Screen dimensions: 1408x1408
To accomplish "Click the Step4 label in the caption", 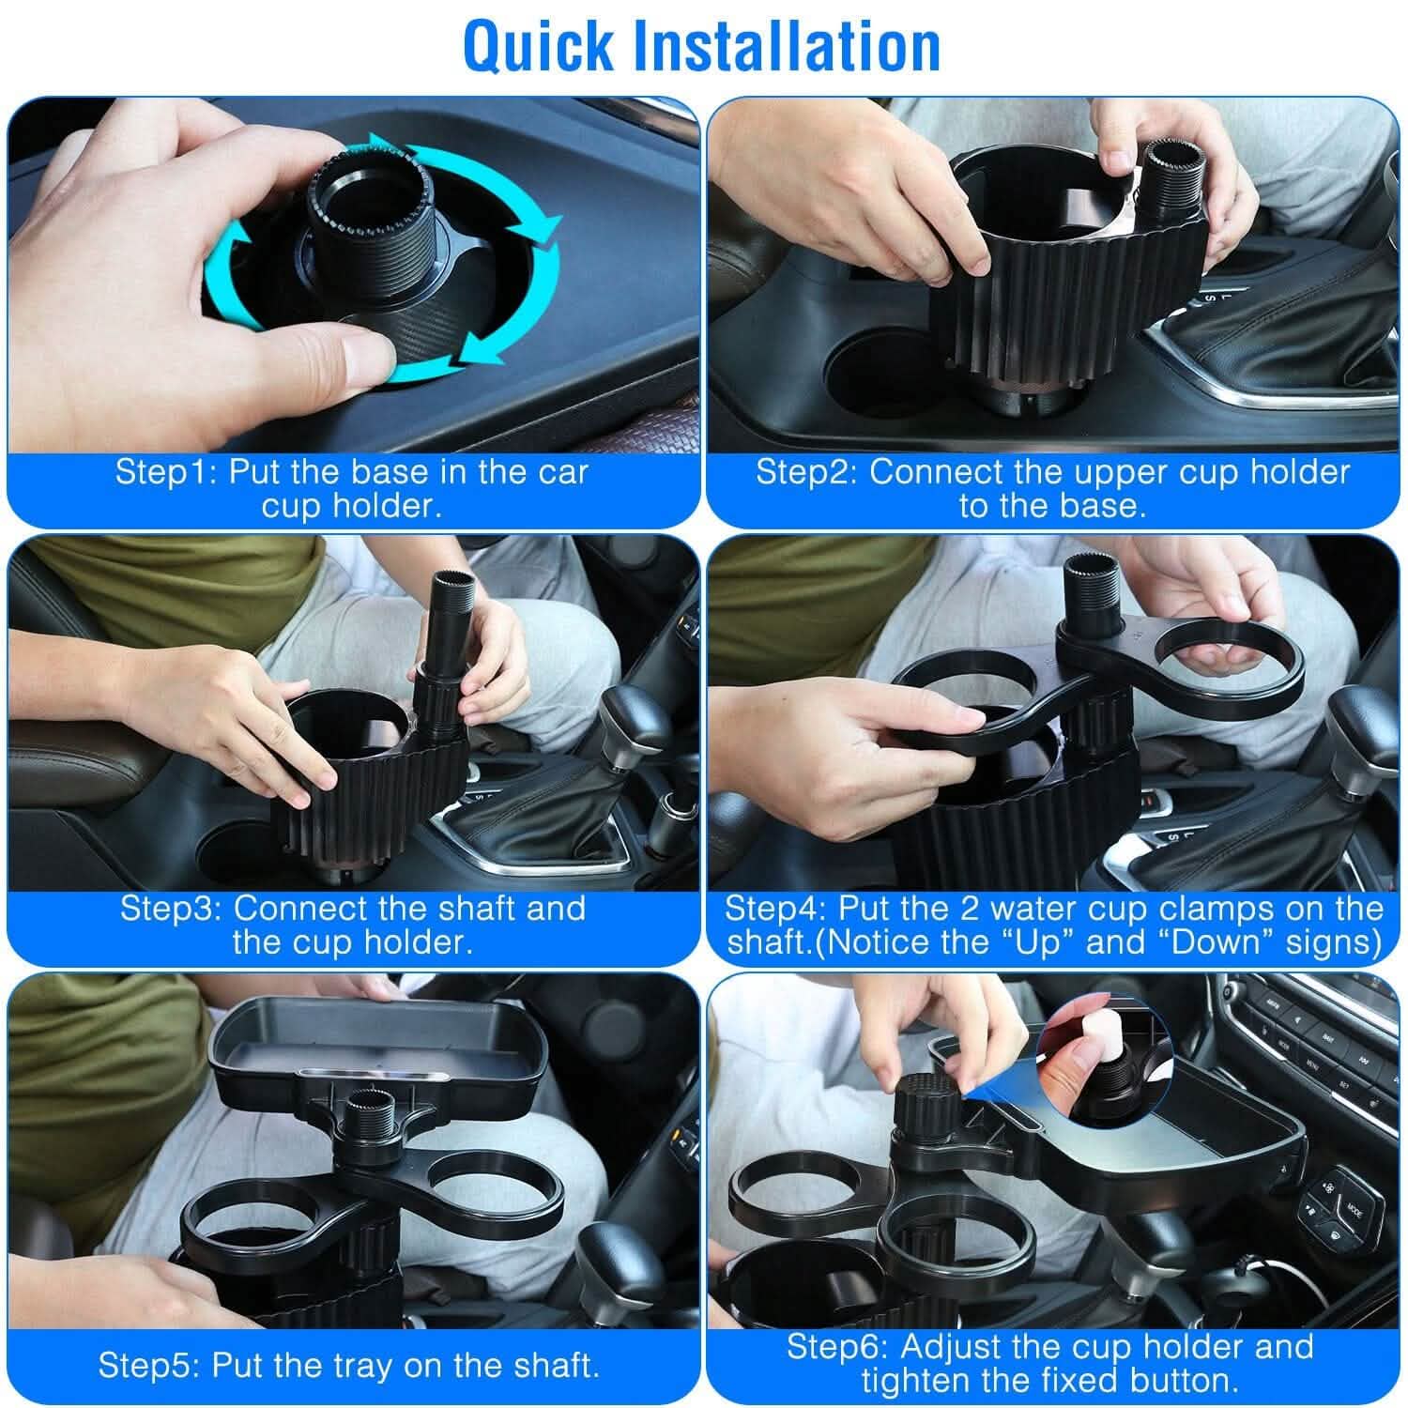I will click(775, 909).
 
